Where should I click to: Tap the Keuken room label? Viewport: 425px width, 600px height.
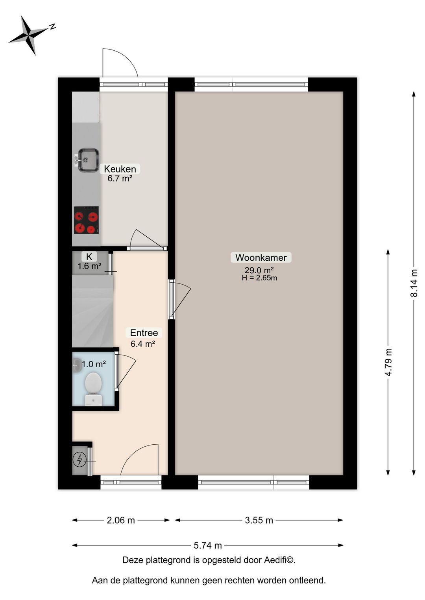(x=120, y=169)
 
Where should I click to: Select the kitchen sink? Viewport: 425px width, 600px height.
(x=88, y=160)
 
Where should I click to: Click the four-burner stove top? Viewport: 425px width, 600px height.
(x=86, y=220)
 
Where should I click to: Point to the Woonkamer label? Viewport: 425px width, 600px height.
(x=261, y=258)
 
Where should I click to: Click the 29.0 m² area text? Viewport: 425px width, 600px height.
(x=259, y=270)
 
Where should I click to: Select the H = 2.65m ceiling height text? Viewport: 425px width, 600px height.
(x=259, y=278)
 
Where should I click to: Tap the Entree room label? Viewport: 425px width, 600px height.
(x=144, y=333)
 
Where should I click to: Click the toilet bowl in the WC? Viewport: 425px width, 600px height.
(x=93, y=383)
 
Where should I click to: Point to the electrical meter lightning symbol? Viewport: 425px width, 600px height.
(x=80, y=459)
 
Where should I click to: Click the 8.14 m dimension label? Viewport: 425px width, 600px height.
(x=414, y=283)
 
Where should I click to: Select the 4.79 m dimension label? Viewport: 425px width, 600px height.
(x=388, y=362)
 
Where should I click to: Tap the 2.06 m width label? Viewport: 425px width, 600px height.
(x=121, y=520)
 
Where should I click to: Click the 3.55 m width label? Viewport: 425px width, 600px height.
(x=259, y=520)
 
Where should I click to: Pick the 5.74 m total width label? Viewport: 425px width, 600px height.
(x=208, y=545)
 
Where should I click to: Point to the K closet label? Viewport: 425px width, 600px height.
(x=89, y=257)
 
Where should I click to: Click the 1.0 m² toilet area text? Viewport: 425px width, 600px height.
(x=94, y=364)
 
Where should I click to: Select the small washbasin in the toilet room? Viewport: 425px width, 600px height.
(x=77, y=366)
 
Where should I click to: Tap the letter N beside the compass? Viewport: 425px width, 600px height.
(x=52, y=27)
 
